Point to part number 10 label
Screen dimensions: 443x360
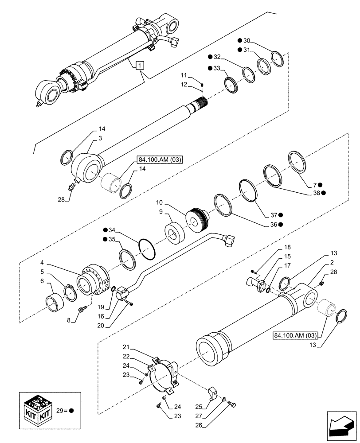coord(159,203)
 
